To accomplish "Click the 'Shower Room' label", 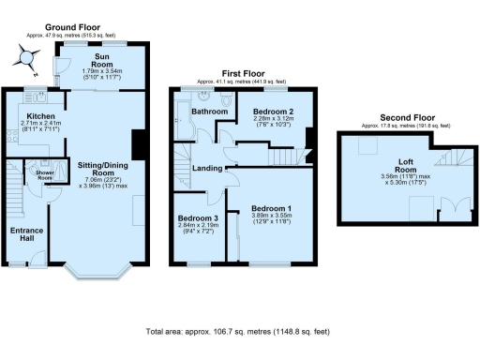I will tap(44, 174).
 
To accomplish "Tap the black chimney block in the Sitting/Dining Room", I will tap(139, 144).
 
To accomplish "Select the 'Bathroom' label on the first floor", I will tap(209, 112).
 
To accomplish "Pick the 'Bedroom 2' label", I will tap(272, 111).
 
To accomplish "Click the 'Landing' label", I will tap(207, 169).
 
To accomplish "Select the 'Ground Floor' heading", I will tap(74, 29).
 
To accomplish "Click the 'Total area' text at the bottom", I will tap(239, 332).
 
